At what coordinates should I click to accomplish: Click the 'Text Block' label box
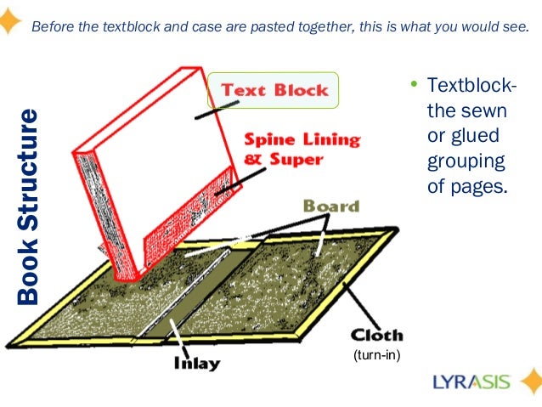(x=274, y=90)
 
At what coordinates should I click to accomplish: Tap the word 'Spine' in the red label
(x=271, y=138)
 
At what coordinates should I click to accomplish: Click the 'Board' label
(x=331, y=206)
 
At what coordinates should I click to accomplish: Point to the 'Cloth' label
(x=376, y=335)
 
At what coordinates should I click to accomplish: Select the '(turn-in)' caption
(x=375, y=355)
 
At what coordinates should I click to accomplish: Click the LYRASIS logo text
(x=471, y=380)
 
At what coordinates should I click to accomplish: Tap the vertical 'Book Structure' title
(x=29, y=206)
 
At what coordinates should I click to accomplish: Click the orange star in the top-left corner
(x=9, y=20)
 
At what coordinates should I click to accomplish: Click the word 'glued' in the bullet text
(x=476, y=136)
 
